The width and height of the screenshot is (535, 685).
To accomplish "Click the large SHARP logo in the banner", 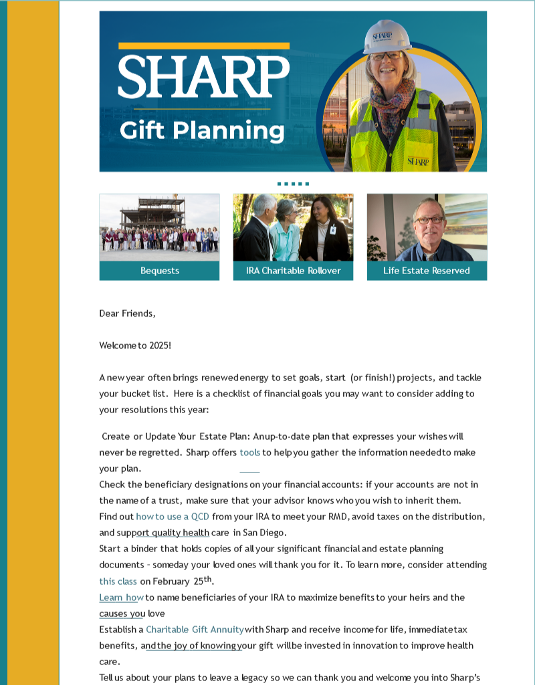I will pyautogui.click(x=204, y=76).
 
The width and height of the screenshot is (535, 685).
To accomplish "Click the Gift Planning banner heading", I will pyautogui.click(x=202, y=130).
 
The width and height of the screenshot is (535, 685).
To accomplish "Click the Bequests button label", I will pyautogui.click(x=160, y=271).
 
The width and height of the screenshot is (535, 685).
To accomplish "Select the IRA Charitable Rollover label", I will pyautogui.click(x=293, y=271).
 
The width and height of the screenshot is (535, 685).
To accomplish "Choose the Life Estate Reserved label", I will pyautogui.click(x=427, y=271).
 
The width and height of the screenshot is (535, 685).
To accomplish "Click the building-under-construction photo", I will pyautogui.click(x=159, y=227).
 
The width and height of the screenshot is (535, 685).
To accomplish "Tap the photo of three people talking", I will pyautogui.click(x=293, y=227).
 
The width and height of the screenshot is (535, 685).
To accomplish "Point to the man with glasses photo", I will pyautogui.click(x=427, y=227).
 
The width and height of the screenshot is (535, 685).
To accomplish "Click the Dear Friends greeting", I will pyautogui.click(x=127, y=313).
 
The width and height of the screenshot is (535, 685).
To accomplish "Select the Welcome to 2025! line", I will pyautogui.click(x=135, y=346).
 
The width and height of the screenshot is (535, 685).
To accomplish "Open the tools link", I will pyautogui.click(x=249, y=452).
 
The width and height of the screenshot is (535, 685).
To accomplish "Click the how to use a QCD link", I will pyautogui.click(x=173, y=517).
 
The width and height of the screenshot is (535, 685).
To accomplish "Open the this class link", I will pyautogui.click(x=118, y=581).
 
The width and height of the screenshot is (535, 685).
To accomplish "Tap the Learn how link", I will pyautogui.click(x=121, y=597).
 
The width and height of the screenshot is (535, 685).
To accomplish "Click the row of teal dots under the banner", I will pyautogui.click(x=293, y=183).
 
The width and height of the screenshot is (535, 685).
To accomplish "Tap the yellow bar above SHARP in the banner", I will pyautogui.click(x=204, y=45).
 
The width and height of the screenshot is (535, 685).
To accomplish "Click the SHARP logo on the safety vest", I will pyautogui.click(x=418, y=161).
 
